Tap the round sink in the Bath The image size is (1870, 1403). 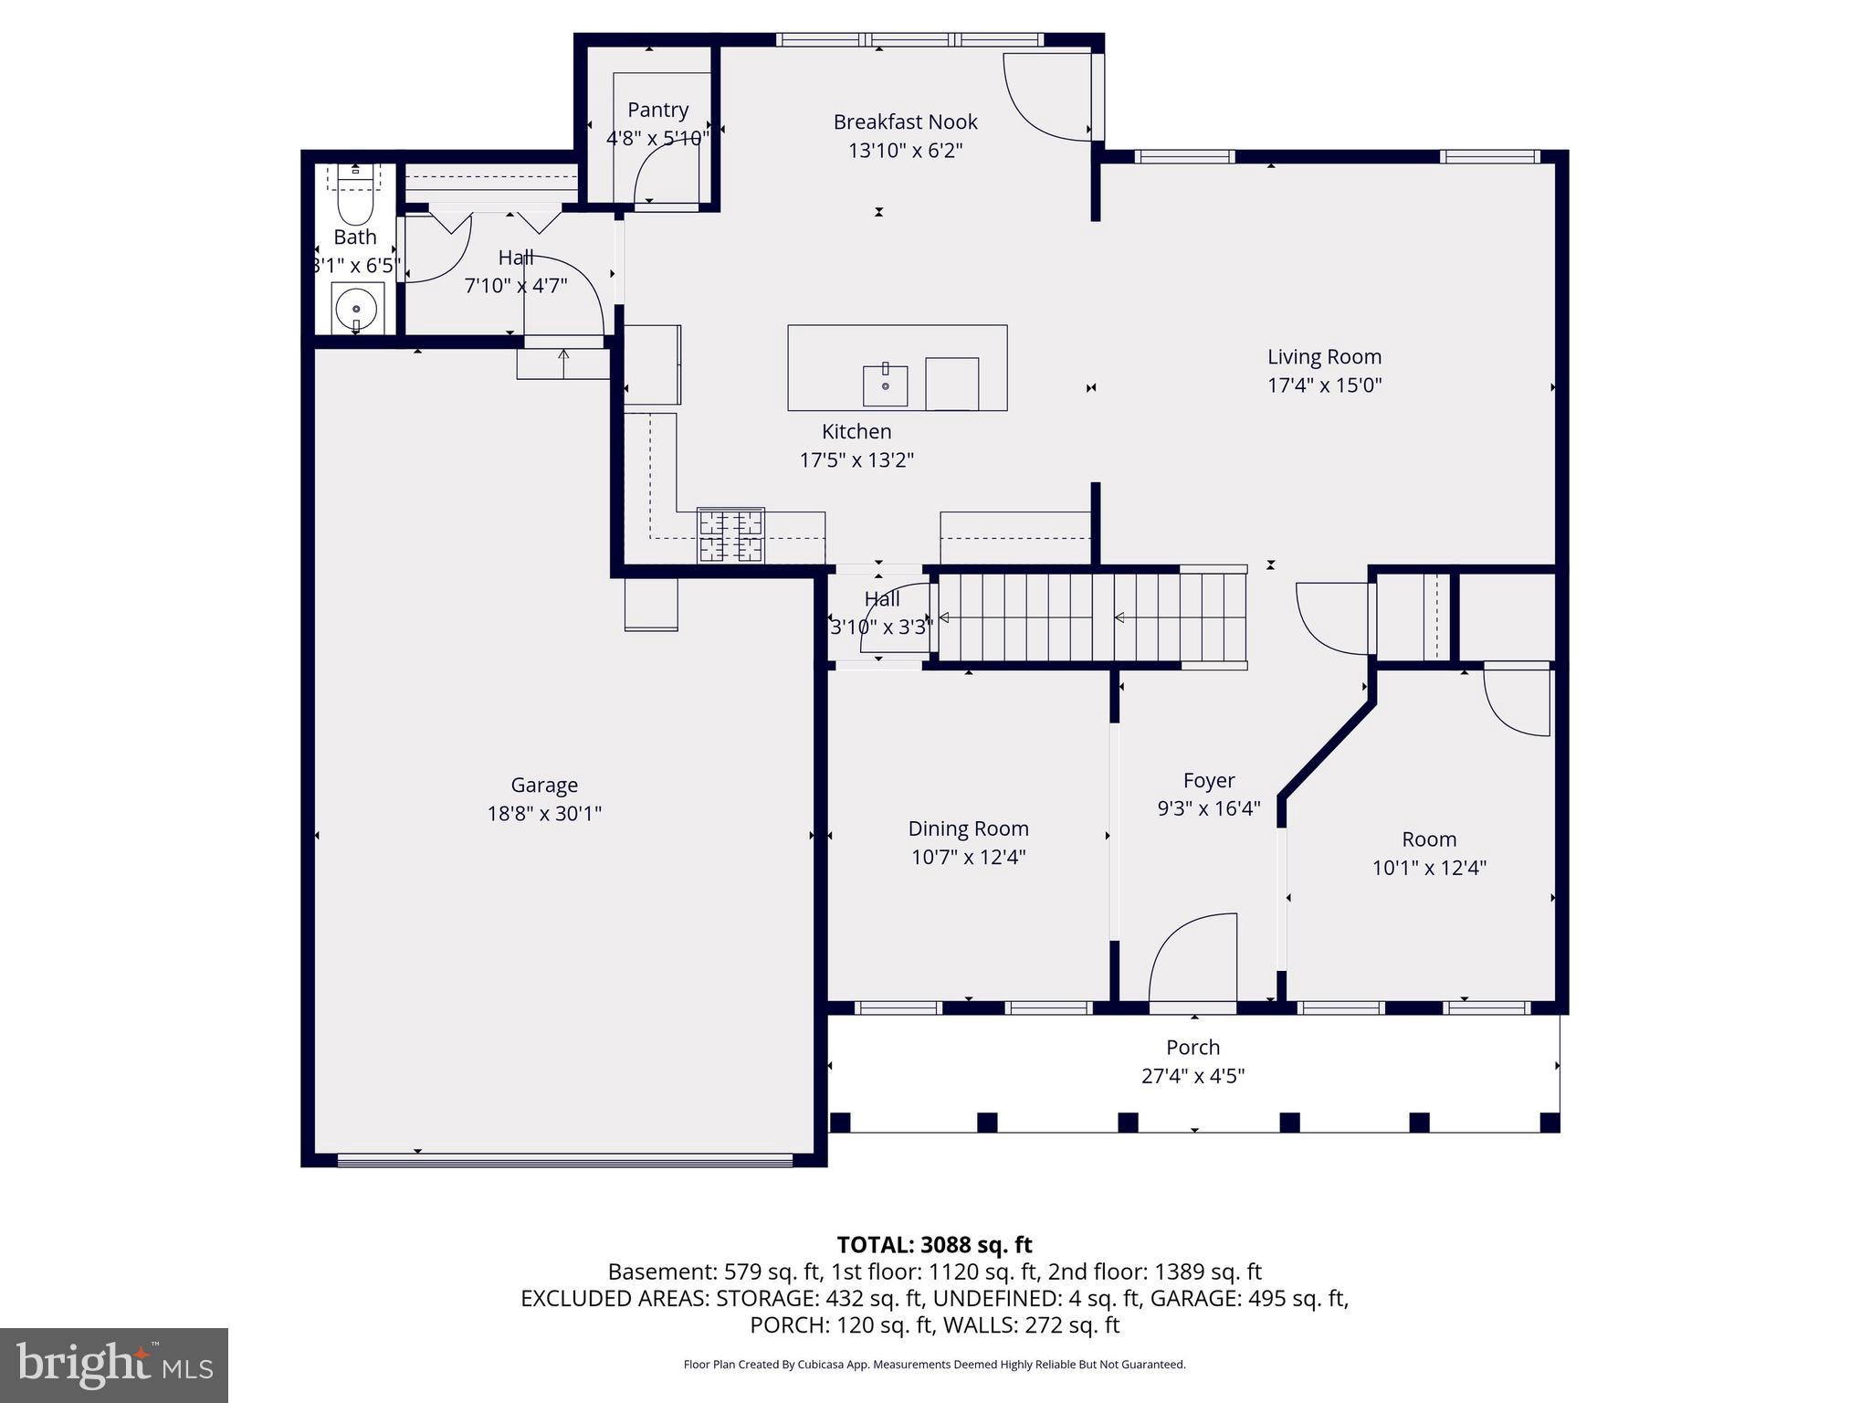coord(356,309)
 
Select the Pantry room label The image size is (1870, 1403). coord(657,110)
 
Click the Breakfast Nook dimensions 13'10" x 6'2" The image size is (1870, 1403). coord(905,151)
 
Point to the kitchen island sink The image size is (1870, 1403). coord(885,385)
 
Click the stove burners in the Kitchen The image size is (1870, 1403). coord(730,535)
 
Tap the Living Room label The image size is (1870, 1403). coord(1324,357)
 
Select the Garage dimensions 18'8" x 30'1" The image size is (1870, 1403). coord(544,813)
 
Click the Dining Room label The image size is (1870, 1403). coord(968,828)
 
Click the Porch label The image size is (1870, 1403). coord(1192,1048)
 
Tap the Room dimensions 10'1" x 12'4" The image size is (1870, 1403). coord(1429,868)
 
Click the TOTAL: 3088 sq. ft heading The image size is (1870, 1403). coord(934,1245)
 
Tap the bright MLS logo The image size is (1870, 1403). coord(114,1366)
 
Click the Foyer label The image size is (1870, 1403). coord(1209,780)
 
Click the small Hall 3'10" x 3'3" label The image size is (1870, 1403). coord(882,599)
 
